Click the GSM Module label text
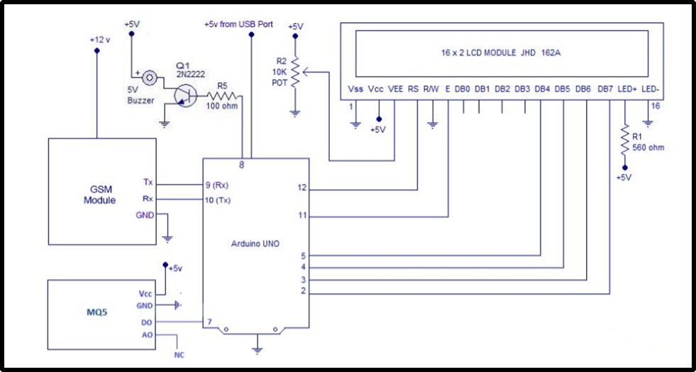tap(99, 195)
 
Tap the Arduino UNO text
tap(255, 244)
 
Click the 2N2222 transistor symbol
tap(184, 94)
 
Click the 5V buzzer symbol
tap(150, 77)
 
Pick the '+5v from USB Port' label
tap(238, 23)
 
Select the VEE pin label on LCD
tap(395, 89)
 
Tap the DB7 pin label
tap(605, 89)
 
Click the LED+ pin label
tap(627, 89)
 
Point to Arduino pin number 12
tap(302, 188)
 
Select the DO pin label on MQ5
tap(146, 322)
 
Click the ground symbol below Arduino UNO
tap(258, 349)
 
